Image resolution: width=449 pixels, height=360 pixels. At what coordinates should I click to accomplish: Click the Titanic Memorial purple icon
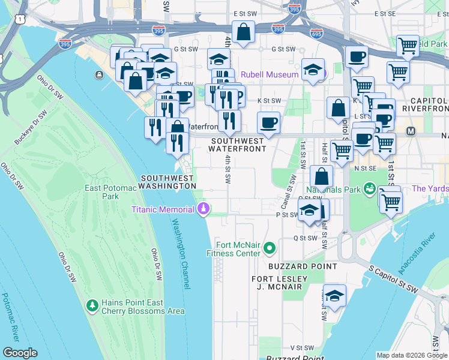click(x=203, y=209)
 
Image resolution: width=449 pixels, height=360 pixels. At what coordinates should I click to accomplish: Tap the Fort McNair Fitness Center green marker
click(x=270, y=247)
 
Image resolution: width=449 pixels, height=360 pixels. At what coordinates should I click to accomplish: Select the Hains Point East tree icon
click(x=92, y=305)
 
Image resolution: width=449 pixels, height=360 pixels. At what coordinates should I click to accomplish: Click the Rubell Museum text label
click(x=270, y=74)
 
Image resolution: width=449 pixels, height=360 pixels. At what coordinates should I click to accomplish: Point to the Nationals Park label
click(x=336, y=190)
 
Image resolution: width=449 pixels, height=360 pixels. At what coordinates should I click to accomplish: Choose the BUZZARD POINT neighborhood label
click(x=294, y=266)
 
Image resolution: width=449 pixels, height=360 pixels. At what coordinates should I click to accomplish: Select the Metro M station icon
click(x=412, y=131)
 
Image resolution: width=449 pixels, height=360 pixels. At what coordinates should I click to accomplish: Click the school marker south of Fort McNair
click(x=334, y=296)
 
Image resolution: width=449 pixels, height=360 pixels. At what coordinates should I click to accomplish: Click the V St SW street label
click(x=303, y=347)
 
